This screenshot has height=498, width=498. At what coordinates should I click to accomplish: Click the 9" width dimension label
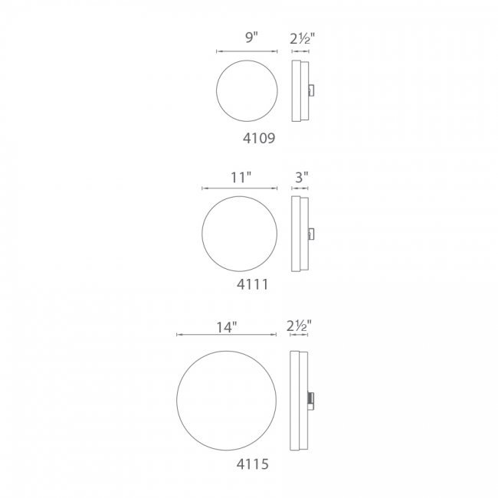pos(251,38)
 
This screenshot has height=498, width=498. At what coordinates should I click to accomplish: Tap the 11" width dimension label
pos(241,178)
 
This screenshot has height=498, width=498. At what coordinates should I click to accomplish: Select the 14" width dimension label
pos(227,327)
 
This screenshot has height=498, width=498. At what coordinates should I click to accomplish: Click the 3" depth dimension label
pos(302,177)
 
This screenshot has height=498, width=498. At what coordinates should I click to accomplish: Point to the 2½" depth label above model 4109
pos(302,38)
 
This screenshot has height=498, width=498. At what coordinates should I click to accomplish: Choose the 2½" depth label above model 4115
pos(299,326)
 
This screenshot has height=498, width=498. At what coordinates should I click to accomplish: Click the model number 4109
pos(259,138)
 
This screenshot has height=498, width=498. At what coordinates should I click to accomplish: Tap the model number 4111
pos(253,284)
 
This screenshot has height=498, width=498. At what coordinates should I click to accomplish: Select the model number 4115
pos(253,464)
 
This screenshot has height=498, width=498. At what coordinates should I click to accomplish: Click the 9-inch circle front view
pos(247,61)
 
